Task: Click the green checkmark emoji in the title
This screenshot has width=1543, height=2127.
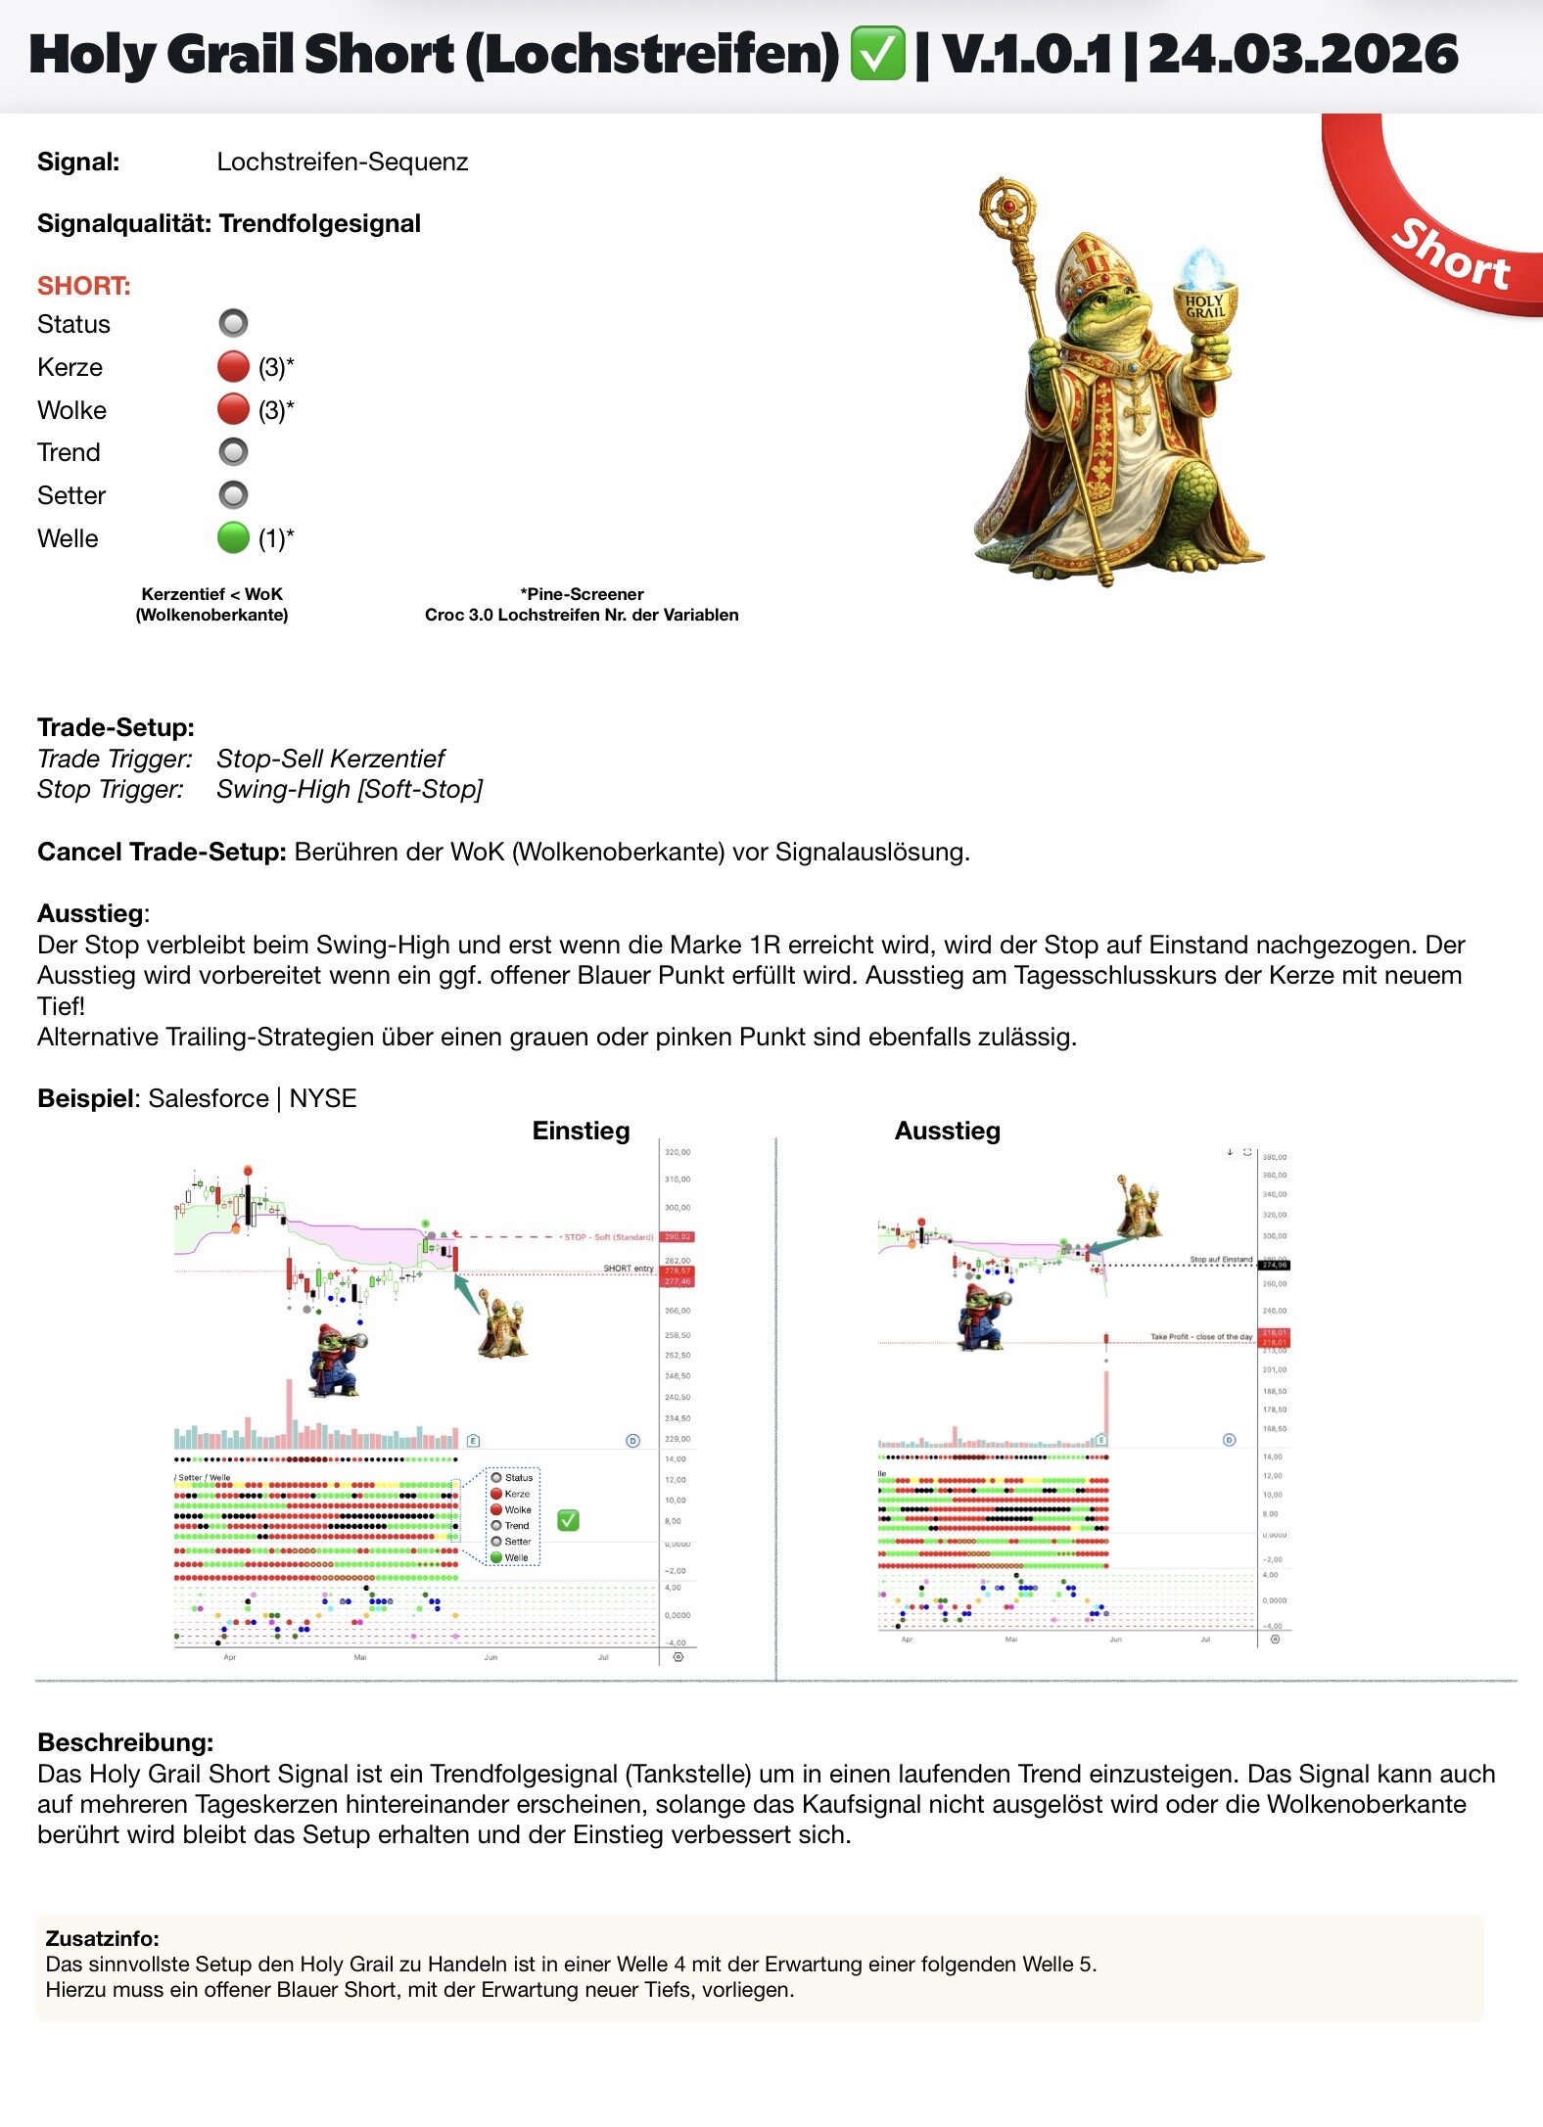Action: [877, 55]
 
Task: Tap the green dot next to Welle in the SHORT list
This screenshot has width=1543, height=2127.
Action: [233, 537]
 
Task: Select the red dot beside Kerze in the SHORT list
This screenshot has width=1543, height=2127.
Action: [233, 367]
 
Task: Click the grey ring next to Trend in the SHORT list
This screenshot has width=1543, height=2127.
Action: [233, 452]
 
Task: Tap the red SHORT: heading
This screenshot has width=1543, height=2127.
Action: [84, 286]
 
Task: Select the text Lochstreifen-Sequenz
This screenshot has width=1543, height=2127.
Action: [343, 162]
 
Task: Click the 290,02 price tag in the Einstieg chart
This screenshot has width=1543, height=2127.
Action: [678, 1236]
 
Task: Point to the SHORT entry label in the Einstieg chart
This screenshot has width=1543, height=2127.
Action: [628, 1269]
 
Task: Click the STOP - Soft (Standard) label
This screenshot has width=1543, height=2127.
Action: [608, 1237]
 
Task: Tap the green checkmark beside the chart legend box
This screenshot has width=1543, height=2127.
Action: [568, 1520]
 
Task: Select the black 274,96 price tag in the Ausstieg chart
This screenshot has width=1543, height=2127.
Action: [1274, 1265]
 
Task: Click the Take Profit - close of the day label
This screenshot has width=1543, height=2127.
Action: [1201, 1336]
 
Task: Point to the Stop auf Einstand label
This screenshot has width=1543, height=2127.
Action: [1221, 1260]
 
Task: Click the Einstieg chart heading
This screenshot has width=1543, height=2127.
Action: [581, 1131]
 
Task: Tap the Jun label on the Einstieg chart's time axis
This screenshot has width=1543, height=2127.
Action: [491, 1657]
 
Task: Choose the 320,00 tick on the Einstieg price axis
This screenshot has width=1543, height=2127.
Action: [678, 1152]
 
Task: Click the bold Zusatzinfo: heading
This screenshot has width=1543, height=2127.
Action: [102, 1938]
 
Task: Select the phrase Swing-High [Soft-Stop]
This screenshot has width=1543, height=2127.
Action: [350, 789]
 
